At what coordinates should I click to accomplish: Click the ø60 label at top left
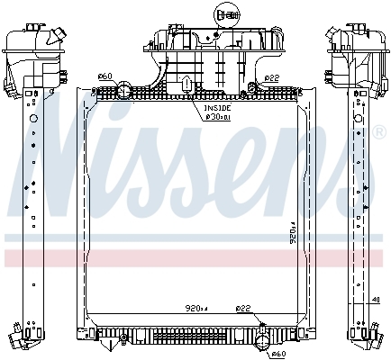coord(104,75)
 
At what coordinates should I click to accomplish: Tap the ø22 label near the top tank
coord(272,75)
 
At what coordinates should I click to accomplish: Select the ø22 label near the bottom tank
coord(243,309)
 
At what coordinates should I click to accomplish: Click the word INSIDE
coord(215,108)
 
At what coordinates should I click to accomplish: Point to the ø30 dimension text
coord(216,116)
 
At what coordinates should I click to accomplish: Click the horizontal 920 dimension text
coord(195,309)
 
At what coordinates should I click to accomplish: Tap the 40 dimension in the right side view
coord(376,300)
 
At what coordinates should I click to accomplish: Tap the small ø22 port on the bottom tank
coord(260,322)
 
